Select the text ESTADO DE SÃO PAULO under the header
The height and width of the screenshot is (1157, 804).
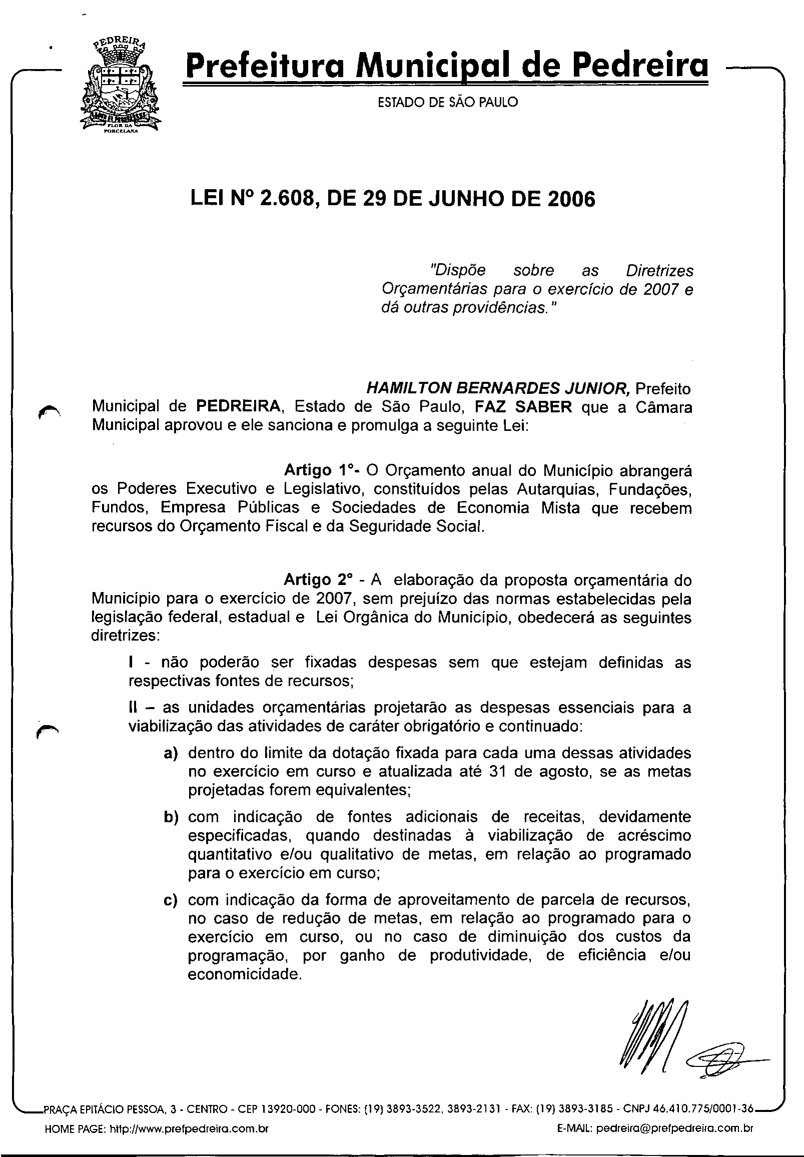click(x=447, y=102)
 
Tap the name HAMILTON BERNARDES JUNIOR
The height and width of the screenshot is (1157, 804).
click(x=498, y=388)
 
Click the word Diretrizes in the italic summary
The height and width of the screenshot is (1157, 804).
click(x=659, y=271)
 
